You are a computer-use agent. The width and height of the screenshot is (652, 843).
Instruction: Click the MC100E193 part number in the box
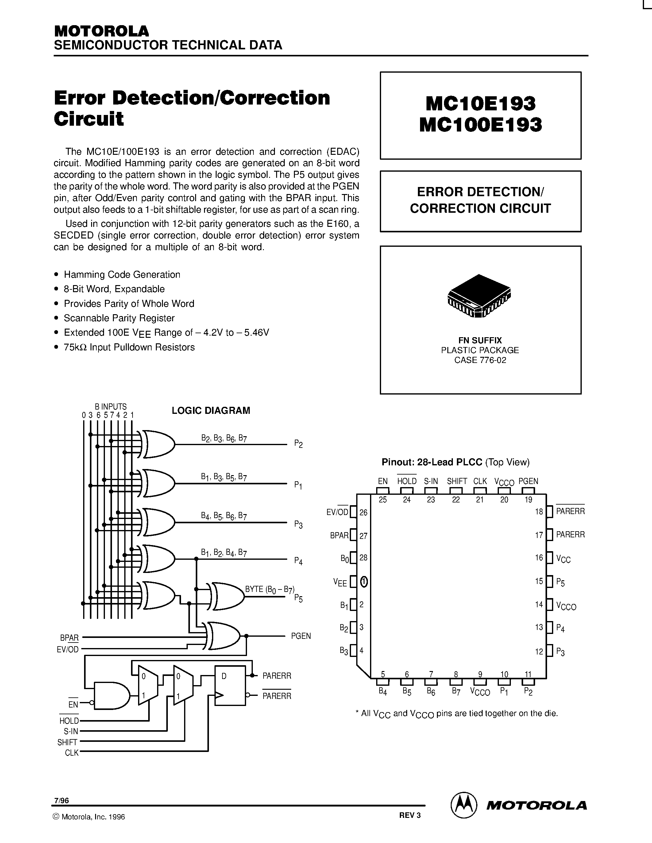480,125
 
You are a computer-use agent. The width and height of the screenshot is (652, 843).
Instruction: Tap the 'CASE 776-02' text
480,360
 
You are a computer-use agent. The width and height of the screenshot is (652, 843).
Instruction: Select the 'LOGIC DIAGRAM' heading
211,410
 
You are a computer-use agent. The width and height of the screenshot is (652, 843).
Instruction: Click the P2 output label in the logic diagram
298,444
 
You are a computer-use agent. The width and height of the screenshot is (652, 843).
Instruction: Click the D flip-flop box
230,685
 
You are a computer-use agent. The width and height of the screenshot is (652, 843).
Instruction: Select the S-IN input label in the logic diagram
71,731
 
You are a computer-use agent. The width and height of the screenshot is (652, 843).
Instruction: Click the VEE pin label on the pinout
340,582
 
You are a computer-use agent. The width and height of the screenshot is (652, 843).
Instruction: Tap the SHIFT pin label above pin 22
457,481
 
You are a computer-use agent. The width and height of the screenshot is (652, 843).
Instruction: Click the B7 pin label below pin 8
456,692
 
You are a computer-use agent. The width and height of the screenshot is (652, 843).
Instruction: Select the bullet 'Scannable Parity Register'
119,318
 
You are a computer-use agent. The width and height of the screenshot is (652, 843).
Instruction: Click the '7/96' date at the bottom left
61,800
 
